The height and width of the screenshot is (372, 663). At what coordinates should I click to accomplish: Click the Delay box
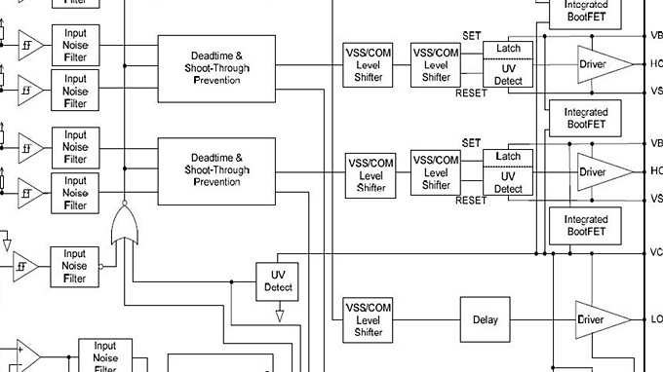point(485,319)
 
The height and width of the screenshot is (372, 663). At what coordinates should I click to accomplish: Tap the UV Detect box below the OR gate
point(278,281)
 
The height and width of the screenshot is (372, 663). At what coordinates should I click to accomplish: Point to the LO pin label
point(656,319)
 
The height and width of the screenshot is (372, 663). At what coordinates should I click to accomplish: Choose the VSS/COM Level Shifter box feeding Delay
point(370,319)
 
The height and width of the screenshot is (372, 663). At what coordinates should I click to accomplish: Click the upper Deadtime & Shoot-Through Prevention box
point(216,68)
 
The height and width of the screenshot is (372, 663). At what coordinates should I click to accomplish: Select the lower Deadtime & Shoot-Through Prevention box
point(216,170)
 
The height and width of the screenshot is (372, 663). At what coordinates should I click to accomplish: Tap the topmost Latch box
point(508,49)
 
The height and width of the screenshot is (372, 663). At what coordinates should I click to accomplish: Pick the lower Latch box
point(508,156)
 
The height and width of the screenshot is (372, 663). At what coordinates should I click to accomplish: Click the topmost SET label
point(472,35)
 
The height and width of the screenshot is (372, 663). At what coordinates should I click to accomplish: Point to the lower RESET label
point(471,201)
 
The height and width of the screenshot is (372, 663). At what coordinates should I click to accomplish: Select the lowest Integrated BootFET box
point(586,226)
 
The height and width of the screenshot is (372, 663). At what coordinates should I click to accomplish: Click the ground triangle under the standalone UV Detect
point(280,315)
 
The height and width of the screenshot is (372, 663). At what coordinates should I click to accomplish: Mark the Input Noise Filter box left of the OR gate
point(75,265)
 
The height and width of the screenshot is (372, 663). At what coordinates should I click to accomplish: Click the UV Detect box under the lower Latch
point(508,182)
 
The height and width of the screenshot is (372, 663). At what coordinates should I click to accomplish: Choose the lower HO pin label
point(656,171)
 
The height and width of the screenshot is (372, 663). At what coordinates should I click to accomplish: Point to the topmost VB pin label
point(656,36)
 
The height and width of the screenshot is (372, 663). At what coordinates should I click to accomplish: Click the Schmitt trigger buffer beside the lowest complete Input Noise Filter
point(23,265)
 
